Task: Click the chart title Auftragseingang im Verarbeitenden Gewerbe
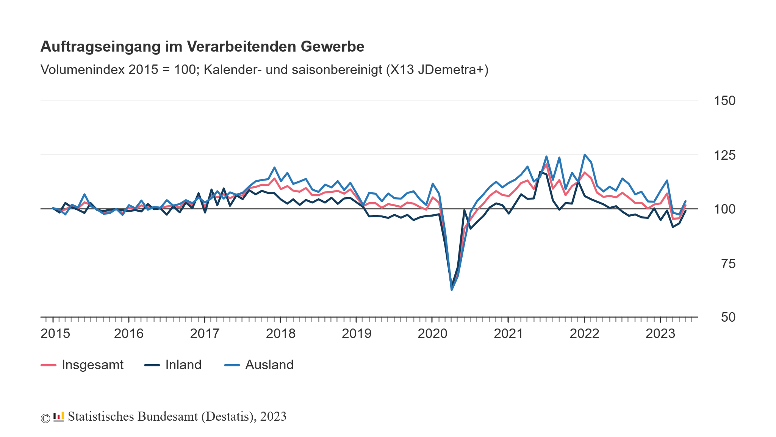(x=202, y=47)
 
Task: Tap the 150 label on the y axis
(x=724, y=101)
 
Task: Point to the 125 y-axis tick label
(x=724, y=156)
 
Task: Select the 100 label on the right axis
(x=724, y=209)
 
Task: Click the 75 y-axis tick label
(x=727, y=264)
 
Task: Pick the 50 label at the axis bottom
(x=727, y=318)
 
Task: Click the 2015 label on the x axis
(x=55, y=334)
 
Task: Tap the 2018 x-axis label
(x=280, y=334)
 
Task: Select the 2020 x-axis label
(x=432, y=334)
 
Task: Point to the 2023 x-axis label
(x=660, y=334)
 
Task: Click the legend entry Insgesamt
(x=92, y=365)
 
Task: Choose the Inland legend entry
(x=183, y=365)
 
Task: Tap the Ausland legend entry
(x=269, y=365)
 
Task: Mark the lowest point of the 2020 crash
(x=452, y=290)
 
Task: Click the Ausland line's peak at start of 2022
(x=585, y=155)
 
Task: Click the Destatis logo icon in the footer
(x=58, y=417)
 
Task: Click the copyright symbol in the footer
(x=45, y=418)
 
